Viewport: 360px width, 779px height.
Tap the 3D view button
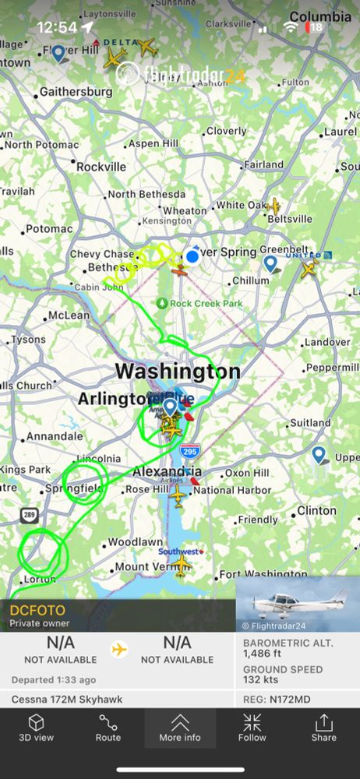[36, 728]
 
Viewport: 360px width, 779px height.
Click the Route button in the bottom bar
[108, 728]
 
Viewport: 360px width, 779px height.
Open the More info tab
[180, 728]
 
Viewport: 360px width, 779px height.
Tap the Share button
[323, 728]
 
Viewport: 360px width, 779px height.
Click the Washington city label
[178, 372]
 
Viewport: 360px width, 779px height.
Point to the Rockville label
[101, 167]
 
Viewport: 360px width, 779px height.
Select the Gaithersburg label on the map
[75, 92]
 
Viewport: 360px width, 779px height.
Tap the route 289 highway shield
[29, 515]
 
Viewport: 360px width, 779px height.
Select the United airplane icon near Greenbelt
[309, 270]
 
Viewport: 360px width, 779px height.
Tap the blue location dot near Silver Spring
[192, 256]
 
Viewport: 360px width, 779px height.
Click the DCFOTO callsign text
[37, 610]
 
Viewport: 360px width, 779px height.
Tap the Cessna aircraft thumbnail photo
[298, 604]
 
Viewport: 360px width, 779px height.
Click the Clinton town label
[316, 511]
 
